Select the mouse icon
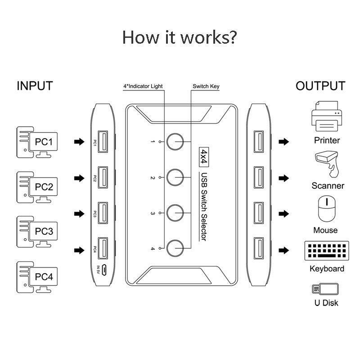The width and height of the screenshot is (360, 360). click(x=325, y=208)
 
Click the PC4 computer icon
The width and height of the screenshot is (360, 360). click(x=38, y=275)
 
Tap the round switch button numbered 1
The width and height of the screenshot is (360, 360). click(x=175, y=141)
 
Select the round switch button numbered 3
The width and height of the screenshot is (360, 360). click(x=175, y=211)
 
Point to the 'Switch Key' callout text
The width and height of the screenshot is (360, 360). click(x=206, y=86)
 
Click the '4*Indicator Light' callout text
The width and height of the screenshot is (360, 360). click(x=143, y=86)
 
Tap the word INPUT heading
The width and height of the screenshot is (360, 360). click(x=35, y=86)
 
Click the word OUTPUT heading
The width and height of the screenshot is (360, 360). click(x=320, y=86)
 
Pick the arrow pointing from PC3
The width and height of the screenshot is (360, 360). click(x=79, y=214)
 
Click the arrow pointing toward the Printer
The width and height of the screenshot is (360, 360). click(x=283, y=142)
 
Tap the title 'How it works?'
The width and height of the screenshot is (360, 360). click(x=180, y=37)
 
